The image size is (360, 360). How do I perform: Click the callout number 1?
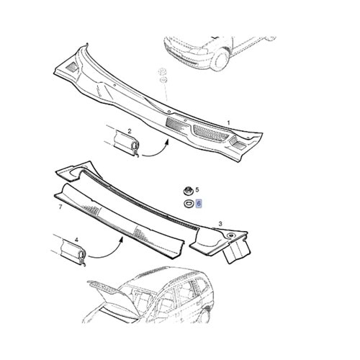click(228, 123)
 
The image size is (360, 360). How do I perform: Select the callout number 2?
click(130, 131)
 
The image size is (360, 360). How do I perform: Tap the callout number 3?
click(220, 224)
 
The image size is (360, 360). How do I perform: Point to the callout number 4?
click(76, 240)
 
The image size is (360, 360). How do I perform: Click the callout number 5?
click(197, 190)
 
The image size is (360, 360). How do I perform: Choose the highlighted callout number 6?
click(199, 204)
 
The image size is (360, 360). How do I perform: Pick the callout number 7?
click(60, 207)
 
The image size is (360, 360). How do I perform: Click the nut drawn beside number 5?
click(187, 191)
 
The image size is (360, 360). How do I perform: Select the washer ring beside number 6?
click(187, 204)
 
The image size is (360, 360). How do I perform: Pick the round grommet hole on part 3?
click(231, 235)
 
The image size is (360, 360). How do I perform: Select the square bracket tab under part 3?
click(236, 252)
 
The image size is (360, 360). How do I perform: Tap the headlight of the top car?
click(197, 50)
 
